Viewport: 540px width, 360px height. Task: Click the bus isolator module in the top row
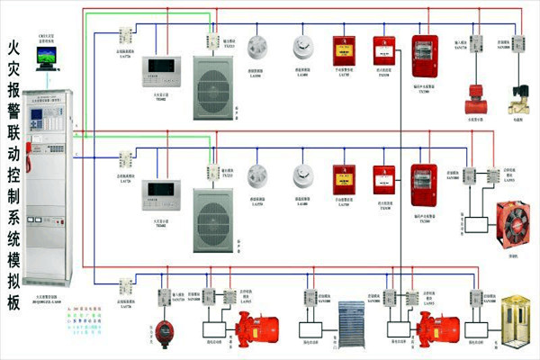125,35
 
